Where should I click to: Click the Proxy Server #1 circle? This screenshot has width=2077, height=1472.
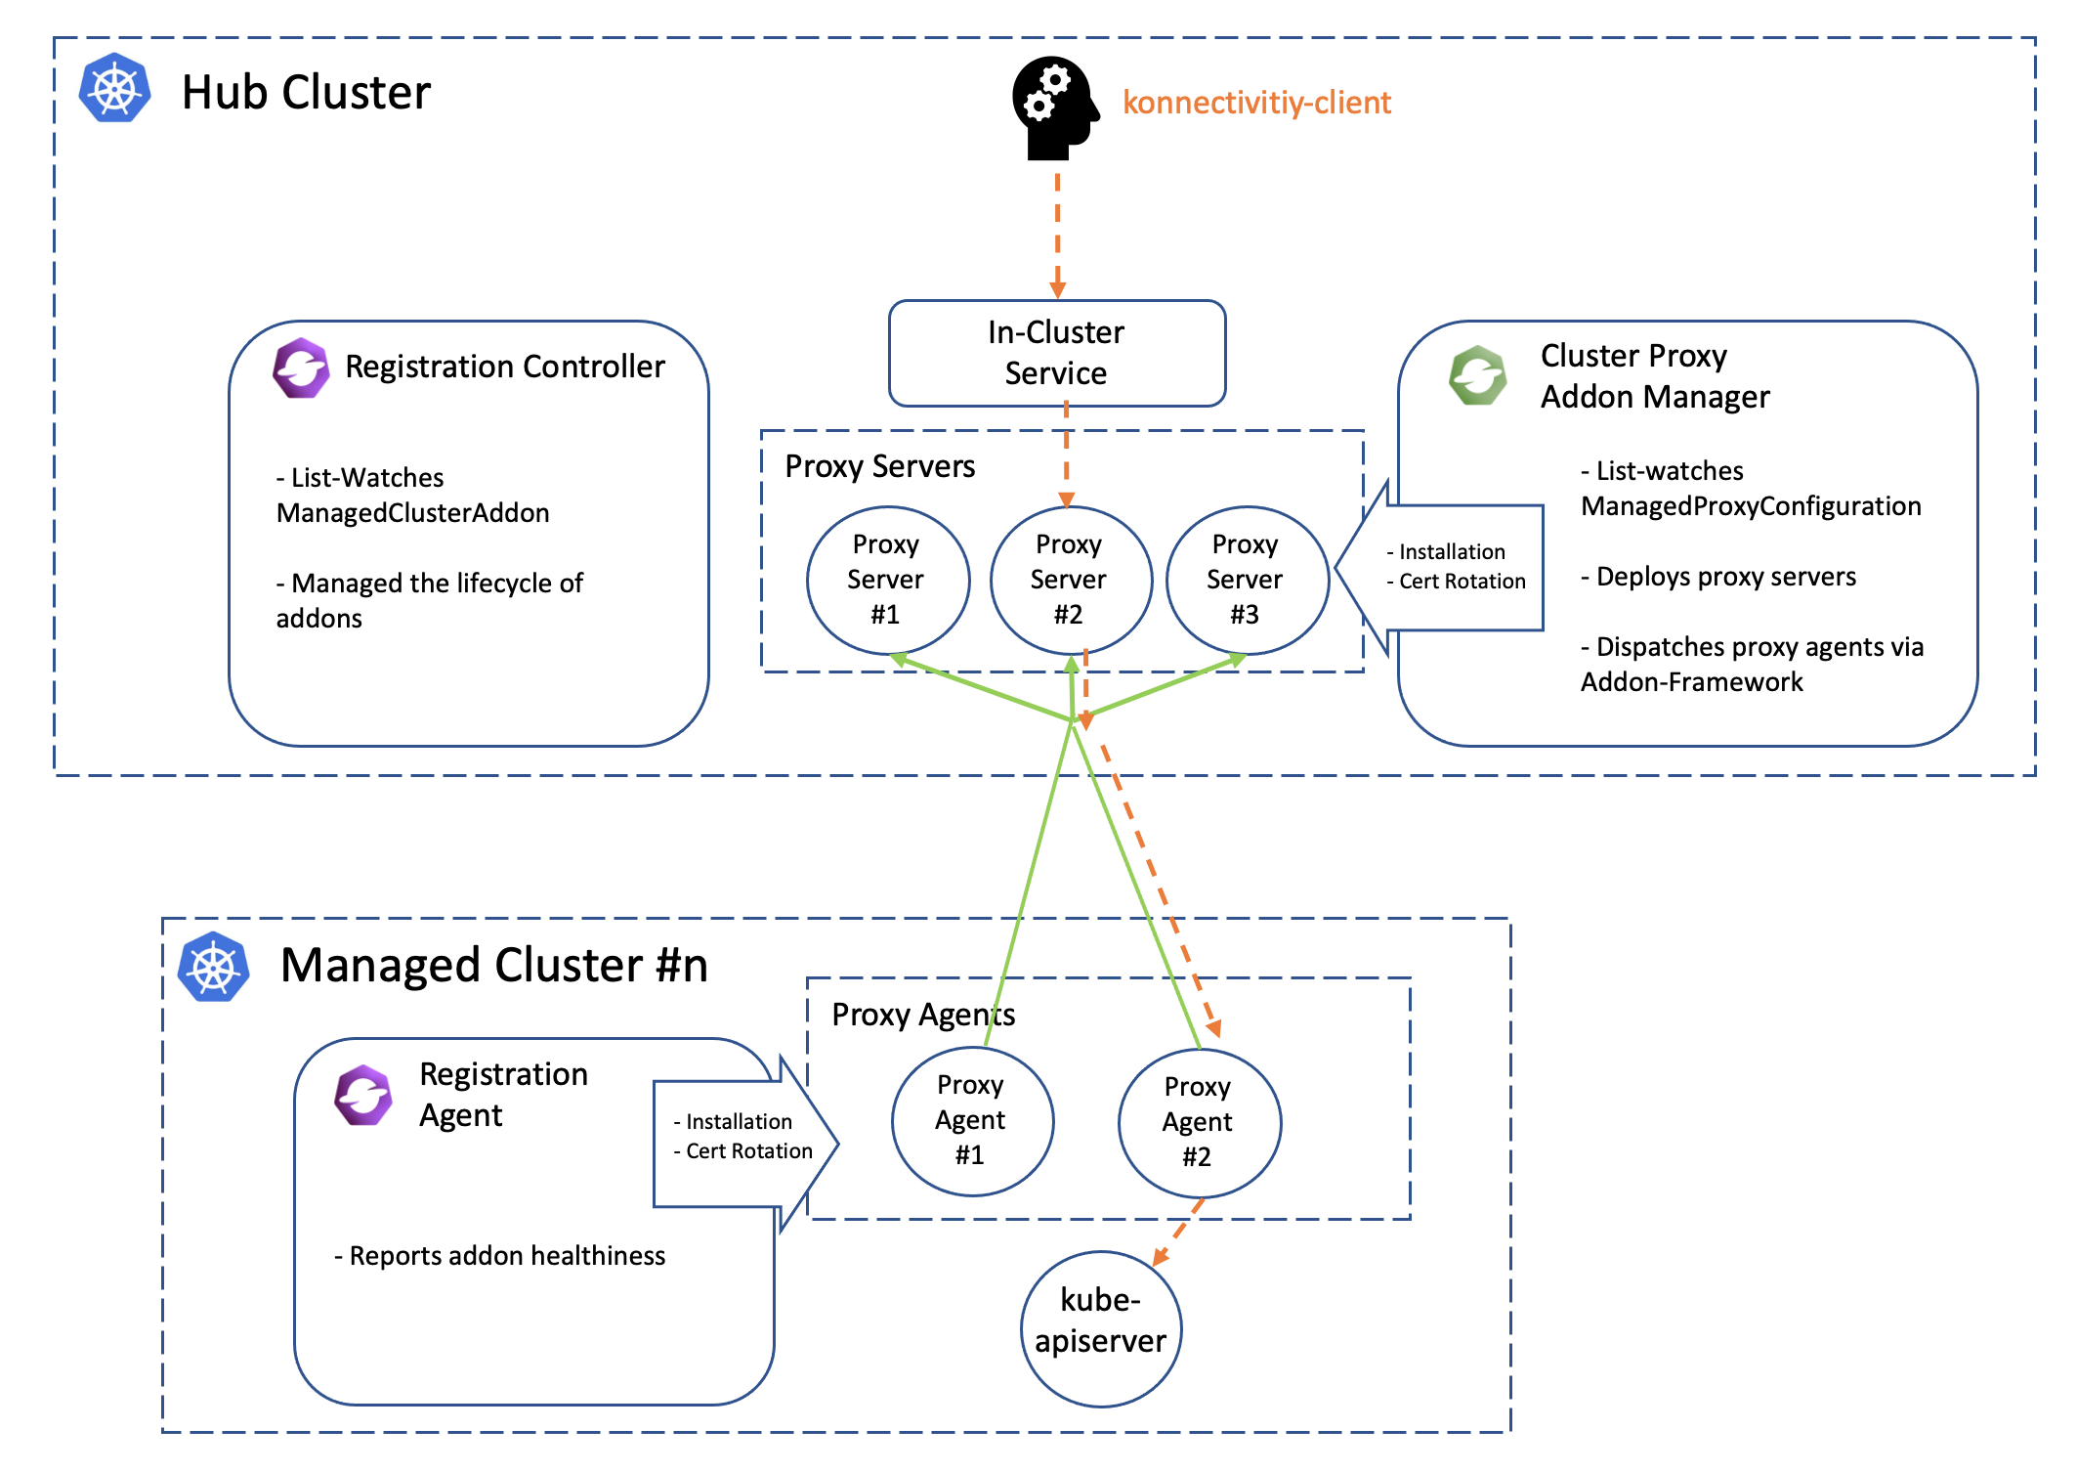click(x=887, y=580)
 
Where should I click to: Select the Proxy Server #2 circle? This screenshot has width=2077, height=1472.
click(x=1071, y=580)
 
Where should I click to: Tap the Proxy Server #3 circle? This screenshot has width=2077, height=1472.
click(x=1247, y=580)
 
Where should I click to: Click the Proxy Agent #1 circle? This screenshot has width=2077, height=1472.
click(x=972, y=1120)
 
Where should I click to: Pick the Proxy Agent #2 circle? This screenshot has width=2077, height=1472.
click(x=1199, y=1122)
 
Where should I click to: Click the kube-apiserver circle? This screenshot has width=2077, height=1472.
click(x=1101, y=1327)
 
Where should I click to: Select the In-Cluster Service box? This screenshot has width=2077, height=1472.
click(x=1057, y=353)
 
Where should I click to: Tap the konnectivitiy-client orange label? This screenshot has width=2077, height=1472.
click(x=1256, y=103)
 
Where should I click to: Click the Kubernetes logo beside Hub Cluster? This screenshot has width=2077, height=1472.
click(x=115, y=88)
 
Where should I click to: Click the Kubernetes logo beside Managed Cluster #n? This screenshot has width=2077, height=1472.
click(x=214, y=968)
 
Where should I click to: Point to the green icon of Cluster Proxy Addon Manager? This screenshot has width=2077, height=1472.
click(x=1477, y=375)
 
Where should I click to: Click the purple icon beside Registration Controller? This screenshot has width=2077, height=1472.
click(x=301, y=368)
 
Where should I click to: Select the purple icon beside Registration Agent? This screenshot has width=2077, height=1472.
click(x=363, y=1095)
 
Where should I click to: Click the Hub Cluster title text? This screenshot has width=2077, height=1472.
click(x=306, y=93)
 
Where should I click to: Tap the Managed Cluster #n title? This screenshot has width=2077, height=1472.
click(x=493, y=966)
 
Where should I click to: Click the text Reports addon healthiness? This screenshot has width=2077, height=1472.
click(x=500, y=1256)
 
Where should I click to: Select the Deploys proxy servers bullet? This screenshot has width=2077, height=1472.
click(x=1718, y=577)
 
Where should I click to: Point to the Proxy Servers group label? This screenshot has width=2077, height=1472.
click(x=879, y=466)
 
